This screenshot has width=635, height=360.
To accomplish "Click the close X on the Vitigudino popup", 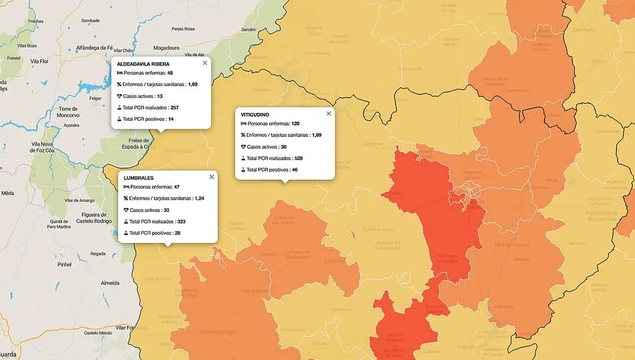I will tap(328, 114).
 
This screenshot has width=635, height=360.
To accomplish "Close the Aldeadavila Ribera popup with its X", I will tap(204, 63).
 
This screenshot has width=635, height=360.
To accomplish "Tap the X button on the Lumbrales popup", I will tap(211, 177).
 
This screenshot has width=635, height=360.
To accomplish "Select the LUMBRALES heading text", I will tap(138, 178).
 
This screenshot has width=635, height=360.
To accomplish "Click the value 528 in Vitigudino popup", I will tap(298, 158).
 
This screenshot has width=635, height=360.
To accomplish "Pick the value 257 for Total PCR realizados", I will tap(174, 108).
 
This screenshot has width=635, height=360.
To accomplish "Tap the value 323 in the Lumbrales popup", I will tap(181, 221).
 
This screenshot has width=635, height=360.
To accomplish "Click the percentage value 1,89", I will tap(317, 135).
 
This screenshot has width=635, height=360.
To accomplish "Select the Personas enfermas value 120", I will tap(295, 124).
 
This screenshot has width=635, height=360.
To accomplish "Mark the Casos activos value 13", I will tap(160, 96).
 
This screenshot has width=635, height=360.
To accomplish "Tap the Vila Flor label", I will tap(39, 61).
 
